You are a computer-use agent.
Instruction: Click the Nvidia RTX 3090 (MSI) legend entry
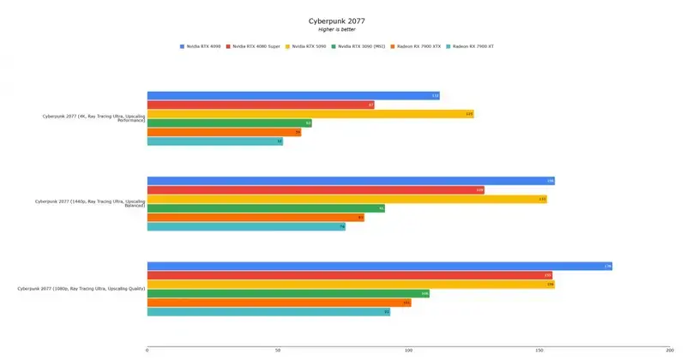pyautogui.click(x=360, y=45)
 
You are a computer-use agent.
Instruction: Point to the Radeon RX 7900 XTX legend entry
pyautogui.click(x=418, y=45)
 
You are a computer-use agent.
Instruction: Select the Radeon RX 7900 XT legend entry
pyautogui.click(x=472, y=45)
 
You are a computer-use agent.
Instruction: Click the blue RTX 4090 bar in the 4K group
pyautogui.click(x=292, y=95)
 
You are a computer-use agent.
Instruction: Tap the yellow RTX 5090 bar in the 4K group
pyautogui.click(x=310, y=114)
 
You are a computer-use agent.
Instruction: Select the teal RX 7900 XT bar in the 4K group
pyautogui.click(x=214, y=141)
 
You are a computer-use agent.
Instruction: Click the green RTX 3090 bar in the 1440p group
pyautogui.click(x=266, y=208)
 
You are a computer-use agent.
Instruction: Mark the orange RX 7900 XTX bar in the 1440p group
pyautogui.click(x=256, y=218)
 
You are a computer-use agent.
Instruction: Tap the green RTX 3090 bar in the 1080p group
pyautogui.click(x=287, y=293)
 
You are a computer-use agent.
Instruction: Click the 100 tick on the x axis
pyautogui.click(x=408, y=350)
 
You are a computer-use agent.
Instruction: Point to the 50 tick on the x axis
pyautogui.click(x=278, y=350)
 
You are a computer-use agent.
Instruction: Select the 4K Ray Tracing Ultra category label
pyautogui.click(x=94, y=118)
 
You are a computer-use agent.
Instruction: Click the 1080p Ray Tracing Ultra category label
pyautogui.click(x=82, y=289)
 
